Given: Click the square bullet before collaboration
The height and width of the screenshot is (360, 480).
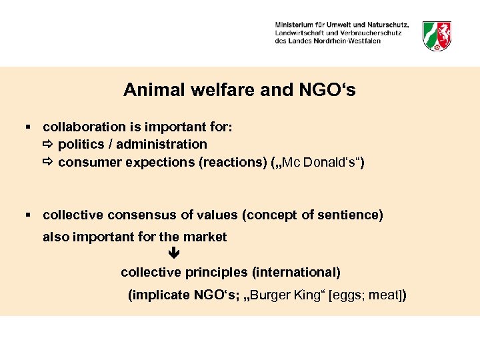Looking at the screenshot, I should tap(28, 127).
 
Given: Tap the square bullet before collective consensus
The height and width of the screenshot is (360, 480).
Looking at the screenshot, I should tap(28, 215).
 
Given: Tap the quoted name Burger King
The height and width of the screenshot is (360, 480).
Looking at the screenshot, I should tap(289, 295).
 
